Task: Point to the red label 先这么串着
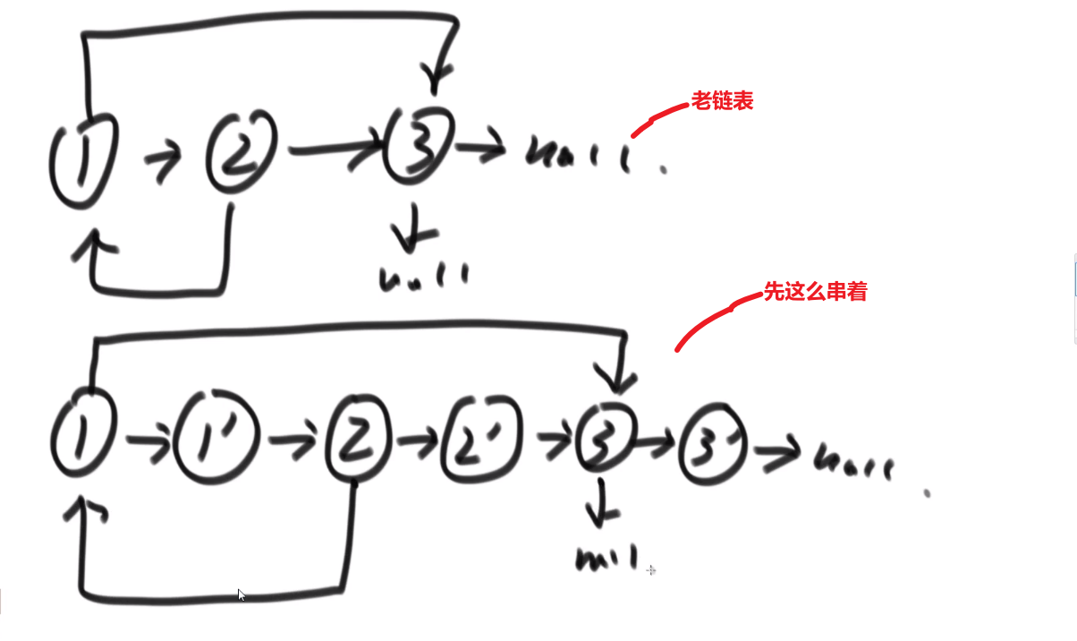point(815,292)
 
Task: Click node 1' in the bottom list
point(217,439)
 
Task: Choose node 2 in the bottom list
point(359,438)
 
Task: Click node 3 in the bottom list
point(606,438)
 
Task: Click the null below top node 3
point(424,277)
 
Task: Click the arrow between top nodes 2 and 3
point(336,150)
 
